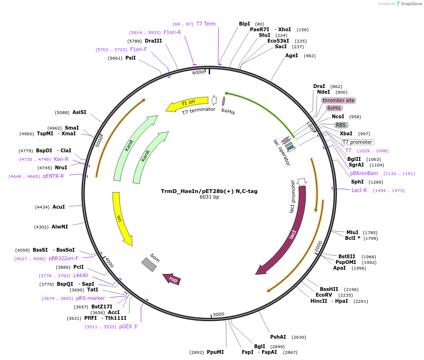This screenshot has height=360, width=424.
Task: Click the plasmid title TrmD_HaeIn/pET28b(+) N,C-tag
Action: [209, 191]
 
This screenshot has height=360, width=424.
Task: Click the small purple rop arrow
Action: [171, 279]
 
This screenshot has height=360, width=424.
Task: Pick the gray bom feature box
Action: [149, 264]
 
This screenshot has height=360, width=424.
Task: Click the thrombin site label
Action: [338, 100]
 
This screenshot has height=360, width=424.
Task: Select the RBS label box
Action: [341, 125]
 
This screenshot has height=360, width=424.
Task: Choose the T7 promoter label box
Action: [357, 142]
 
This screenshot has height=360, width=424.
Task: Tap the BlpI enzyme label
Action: [244, 24]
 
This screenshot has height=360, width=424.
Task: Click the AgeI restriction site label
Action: [291, 55]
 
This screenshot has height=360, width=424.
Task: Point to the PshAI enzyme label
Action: [278, 337]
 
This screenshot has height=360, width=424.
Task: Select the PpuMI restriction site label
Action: [215, 352]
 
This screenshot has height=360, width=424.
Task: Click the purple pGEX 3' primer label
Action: [128, 326]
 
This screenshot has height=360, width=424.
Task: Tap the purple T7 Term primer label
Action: [206, 24]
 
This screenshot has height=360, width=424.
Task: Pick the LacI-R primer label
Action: [359, 190]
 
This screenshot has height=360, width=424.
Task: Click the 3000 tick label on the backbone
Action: [218, 315]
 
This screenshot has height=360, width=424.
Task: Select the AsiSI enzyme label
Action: [79, 112]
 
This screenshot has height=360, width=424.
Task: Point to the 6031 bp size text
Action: [209, 197]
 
